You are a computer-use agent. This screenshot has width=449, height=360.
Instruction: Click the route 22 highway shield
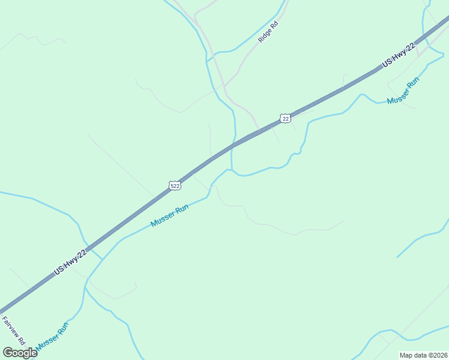click(286, 118)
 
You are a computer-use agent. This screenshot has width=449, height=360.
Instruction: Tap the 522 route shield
click(175, 185)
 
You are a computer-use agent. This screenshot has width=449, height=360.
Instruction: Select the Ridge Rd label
click(268, 32)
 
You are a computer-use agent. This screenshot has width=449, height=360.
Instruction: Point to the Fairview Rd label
click(13, 330)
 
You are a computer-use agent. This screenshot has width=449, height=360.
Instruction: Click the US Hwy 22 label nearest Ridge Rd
click(399, 56)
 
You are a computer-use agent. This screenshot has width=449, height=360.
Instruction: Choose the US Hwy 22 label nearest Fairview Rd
click(70, 262)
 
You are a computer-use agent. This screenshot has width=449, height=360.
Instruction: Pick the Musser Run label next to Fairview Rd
click(52, 337)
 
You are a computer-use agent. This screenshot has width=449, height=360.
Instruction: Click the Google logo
click(20, 352)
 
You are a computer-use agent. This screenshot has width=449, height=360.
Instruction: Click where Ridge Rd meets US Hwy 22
click(259, 130)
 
